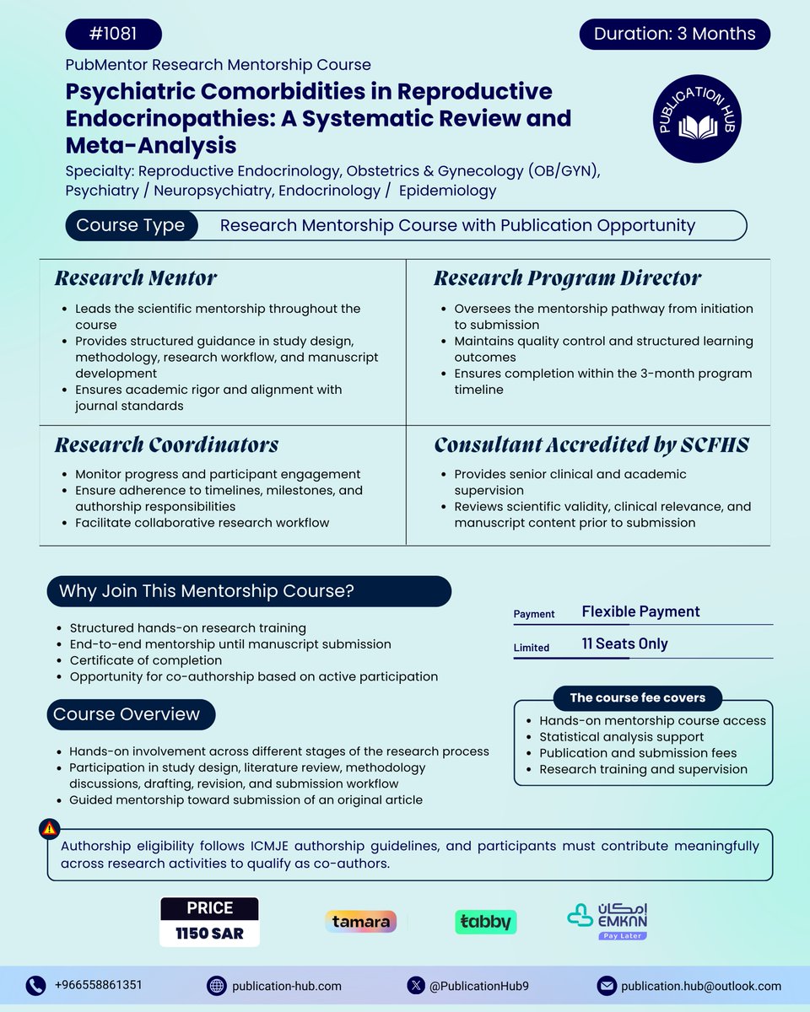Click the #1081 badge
point(113,35)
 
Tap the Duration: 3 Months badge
point(675,35)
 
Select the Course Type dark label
point(130,225)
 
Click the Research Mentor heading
point(136,278)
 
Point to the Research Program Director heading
point(567,278)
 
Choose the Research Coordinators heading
point(166,445)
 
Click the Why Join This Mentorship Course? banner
point(249,591)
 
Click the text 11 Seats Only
point(624,644)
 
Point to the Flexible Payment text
point(640,612)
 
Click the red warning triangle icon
point(50,829)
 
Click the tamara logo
point(360,922)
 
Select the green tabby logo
point(485,922)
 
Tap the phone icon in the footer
point(35,985)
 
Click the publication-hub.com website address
point(287,985)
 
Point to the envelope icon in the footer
point(607,985)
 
